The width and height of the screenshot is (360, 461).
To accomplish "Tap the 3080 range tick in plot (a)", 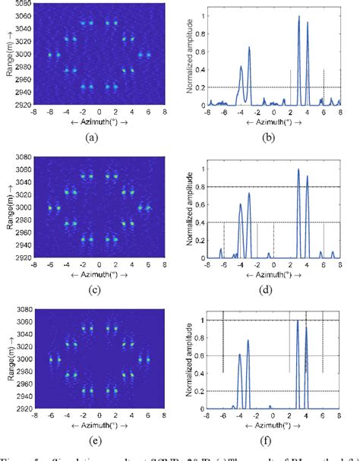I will coord(21,6).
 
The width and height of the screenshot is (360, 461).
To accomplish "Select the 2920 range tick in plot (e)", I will coord(21,409).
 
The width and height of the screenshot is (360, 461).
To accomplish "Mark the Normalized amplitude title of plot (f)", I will coord(190,359).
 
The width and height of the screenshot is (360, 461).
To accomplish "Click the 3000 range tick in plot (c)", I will coord(21,207).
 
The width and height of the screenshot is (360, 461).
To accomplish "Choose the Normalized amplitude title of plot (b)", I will coord(190,57).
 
